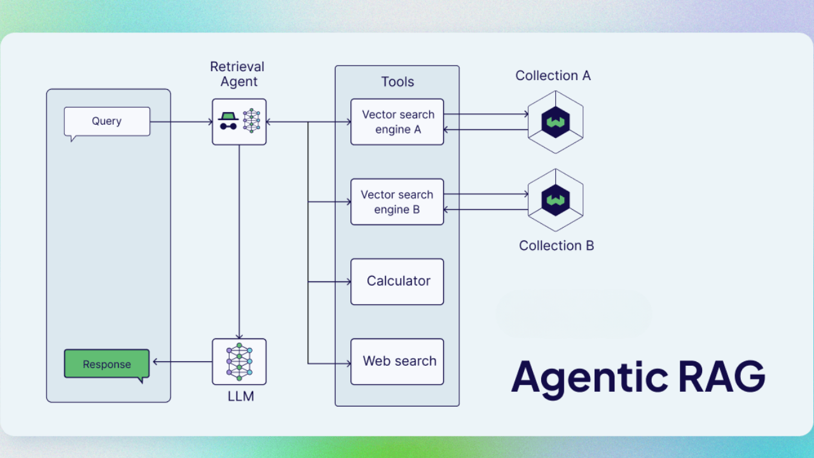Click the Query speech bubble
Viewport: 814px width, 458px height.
point(107,121)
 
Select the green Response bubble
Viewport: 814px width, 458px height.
point(107,364)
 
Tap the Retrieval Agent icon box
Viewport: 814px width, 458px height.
point(239,121)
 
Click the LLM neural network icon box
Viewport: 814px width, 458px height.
point(239,361)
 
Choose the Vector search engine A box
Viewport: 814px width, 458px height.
point(397,122)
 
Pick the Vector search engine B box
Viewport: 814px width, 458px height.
point(397,202)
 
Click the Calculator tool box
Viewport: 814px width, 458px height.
point(397,281)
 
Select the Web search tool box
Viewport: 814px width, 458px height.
point(397,361)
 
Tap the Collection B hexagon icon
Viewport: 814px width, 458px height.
point(555,200)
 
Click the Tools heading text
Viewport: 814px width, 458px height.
point(397,82)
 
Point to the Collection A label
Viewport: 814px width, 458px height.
point(553,76)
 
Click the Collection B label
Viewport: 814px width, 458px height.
point(556,246)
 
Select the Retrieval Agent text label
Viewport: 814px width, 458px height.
point(237,74)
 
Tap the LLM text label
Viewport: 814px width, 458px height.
point(240,397)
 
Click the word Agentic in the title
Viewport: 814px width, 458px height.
point(589,377)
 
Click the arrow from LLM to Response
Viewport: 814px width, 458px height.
point(182,362)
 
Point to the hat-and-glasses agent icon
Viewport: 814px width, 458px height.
point(228,121)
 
